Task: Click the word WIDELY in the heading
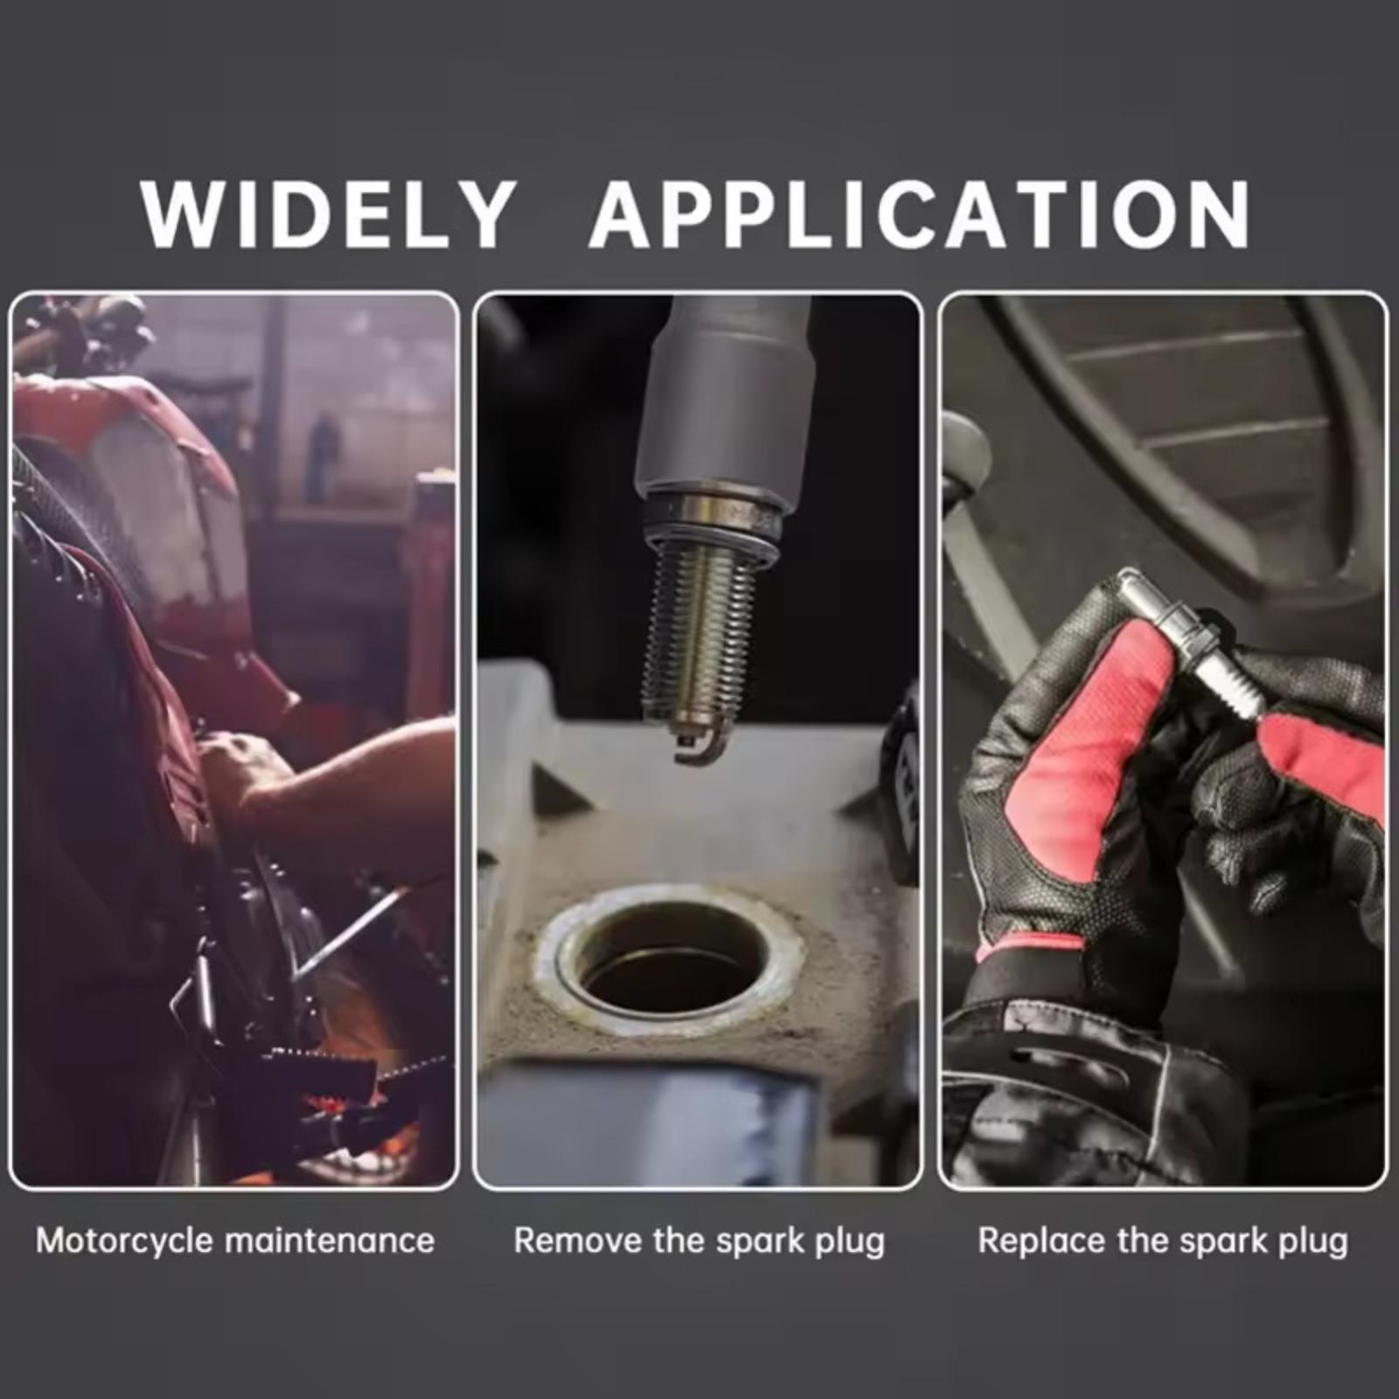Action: pyautogui.click(x=327, y=215)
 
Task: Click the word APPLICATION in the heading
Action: pyautogui.click(x=921, y=215)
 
